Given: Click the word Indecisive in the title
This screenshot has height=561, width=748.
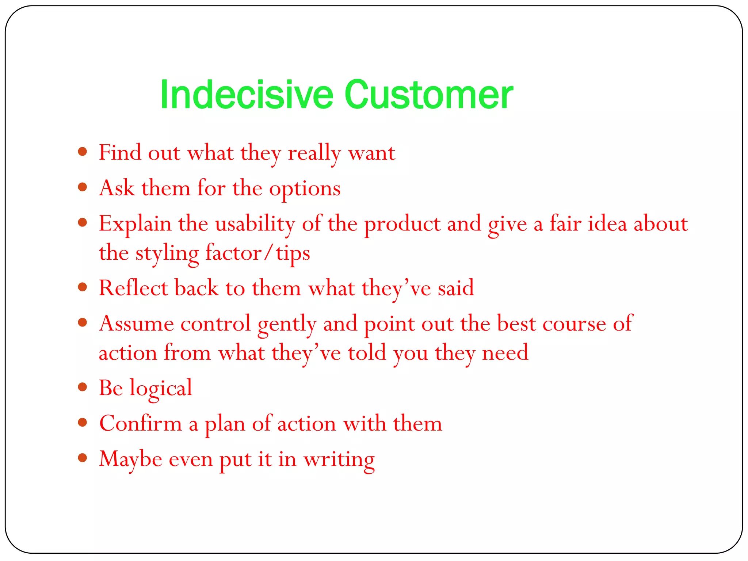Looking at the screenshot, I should click(x=247, y=95).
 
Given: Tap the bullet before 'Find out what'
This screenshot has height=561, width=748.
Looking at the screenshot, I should click(x=83, y=152).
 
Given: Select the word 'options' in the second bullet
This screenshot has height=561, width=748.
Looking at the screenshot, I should click(x=305, y=189).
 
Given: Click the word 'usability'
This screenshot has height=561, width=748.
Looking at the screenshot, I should click(x=255, y=224).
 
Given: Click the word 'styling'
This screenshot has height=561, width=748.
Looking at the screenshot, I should click(x=167, y=253).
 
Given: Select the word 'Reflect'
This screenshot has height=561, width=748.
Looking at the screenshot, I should click(x=133, y=288).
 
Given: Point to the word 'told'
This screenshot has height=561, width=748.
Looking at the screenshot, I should click(x=367, y=353).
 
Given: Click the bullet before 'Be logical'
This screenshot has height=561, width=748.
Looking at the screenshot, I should click(x=83, y=387).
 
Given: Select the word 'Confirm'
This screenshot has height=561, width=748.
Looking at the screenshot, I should click(x=141, y=424).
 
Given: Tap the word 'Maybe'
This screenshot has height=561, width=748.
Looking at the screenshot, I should click(x=130, y=459).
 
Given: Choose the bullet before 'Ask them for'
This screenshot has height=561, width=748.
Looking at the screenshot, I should click(x=83, y=187).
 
